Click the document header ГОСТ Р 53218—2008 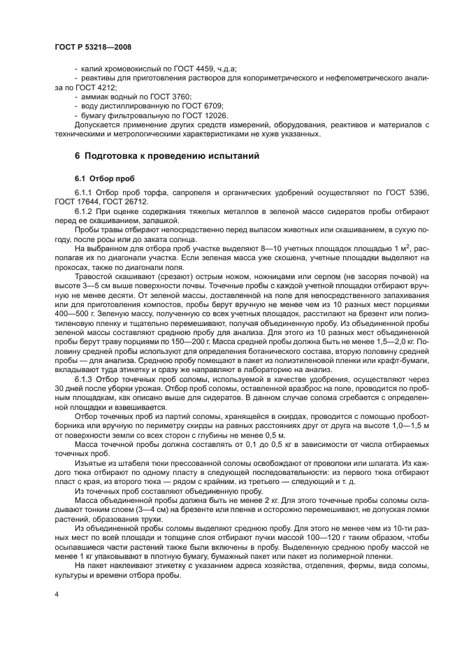click(93, 46)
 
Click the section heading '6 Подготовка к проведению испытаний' click(167, 156)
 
